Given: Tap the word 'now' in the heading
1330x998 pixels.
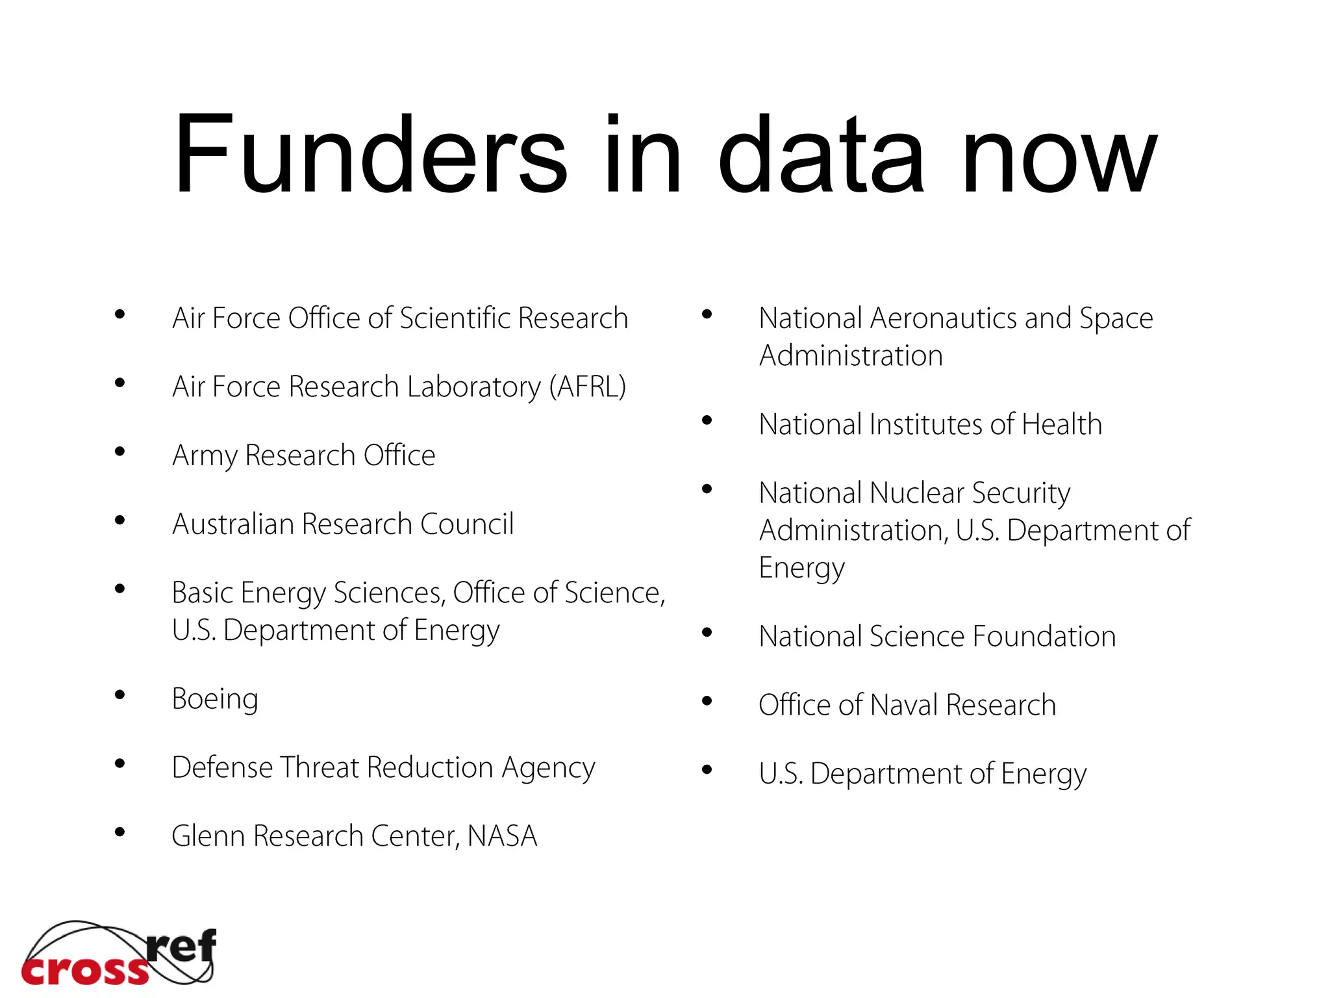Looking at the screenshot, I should (x=1059, y=156).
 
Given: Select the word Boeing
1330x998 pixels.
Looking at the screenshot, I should (x=215, y=700).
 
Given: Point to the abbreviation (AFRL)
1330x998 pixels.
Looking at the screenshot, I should (x=587, y=387).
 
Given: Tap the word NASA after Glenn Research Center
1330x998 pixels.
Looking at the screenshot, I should (x=502, y=836).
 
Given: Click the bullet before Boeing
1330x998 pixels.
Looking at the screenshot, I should (x=119, y=695).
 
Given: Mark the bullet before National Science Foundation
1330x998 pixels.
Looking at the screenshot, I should (x=707, y=632).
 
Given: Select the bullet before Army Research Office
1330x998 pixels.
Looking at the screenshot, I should (x=119, y=452).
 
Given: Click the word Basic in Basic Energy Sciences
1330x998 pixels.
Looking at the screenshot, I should (x=202, y=593).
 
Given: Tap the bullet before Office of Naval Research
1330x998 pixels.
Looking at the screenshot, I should (x=707, y=701).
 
